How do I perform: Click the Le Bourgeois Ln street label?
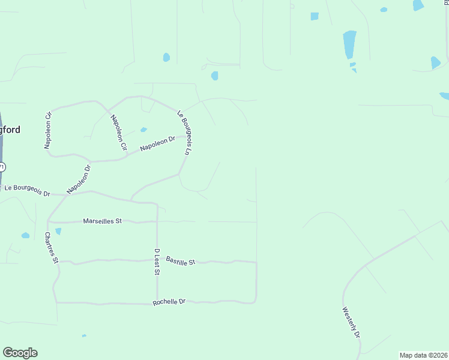tap(184, 133)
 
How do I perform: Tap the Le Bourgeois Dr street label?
tap(28, 190)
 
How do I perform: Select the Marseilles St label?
tap(102, 221)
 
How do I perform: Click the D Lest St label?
tap(157, 262)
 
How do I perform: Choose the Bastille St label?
tap(181, 261)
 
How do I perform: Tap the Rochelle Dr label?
tap(169, 302)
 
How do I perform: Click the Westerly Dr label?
tap(351, 323)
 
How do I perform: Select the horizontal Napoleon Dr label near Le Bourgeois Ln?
tap(157, 143)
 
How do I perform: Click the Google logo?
tap(20, 353)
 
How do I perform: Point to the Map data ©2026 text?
tap(424, 355)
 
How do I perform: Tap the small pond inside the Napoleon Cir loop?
tap(143, 129)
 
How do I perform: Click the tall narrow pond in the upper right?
tap(349, 44)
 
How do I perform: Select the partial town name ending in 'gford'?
tap(10, 130)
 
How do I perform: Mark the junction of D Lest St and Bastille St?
tap(157, 260)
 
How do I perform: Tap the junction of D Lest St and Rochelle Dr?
tap(157, 304)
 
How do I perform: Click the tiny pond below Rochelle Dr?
tap(84, 335)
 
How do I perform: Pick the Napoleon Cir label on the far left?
tap(48, 130)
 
